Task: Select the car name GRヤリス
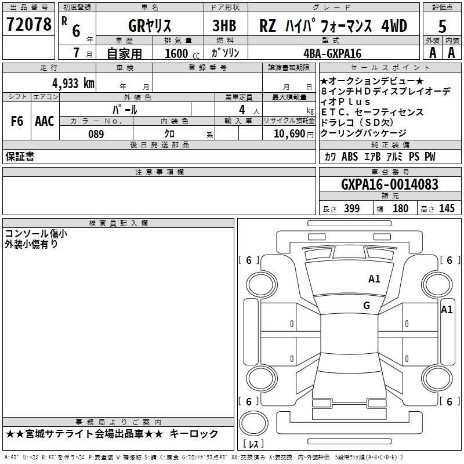pyautogui.click(x=149, y=26)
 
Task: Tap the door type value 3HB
pyautogui.click(x=225, y=26)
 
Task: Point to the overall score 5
pyautogui.click(x=443, y=26)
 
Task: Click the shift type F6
pyautogui.click(x=17, y=121)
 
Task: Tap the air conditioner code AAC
pyautogui.click(x=45, y=121)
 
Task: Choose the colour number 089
pyautogui.click(x=96, y=134)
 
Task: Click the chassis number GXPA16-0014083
pyautogui.click(x=390, y=184)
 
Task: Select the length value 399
pyautogui.click(x=351, y=209)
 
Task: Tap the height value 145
pyautogui.click(x=447, y=209)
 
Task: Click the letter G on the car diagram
pyautogui.click(x=367, y=306)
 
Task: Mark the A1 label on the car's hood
pyautogui.click(x=374, y=279)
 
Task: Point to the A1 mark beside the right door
pyautogui.click(x=447, y=310)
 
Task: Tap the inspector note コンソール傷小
pyautogui.click(x=36, y=234)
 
